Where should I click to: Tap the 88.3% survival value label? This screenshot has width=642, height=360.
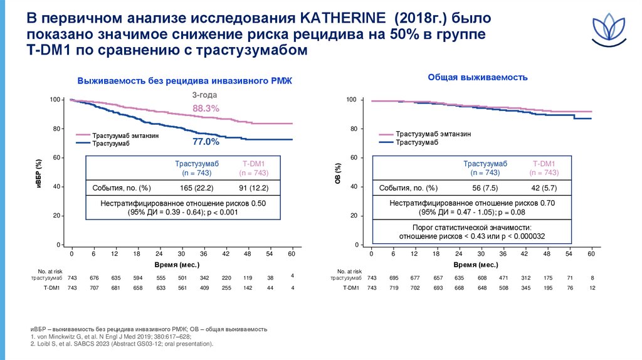[206, 109]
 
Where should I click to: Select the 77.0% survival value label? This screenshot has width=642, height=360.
[206, 141]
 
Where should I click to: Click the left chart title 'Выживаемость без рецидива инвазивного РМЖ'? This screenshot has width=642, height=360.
[184, 81]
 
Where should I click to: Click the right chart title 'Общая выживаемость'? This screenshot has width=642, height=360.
[477, 77]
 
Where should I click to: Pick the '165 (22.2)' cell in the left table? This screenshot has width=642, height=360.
[197, 188]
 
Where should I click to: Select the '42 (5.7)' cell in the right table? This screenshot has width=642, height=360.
[543, 188]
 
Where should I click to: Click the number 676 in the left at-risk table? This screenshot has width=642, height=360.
[94, 277]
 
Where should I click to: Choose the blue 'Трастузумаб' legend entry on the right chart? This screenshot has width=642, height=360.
[417, 142]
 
